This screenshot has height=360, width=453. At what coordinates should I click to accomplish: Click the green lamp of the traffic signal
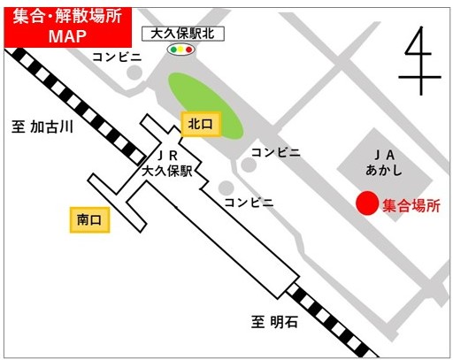click(174, 50)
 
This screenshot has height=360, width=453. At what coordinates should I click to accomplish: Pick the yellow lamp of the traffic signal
click(184, 50)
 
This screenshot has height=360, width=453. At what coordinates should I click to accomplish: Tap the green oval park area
click(204, 105)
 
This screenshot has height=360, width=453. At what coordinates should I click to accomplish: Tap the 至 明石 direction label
click(274, 323)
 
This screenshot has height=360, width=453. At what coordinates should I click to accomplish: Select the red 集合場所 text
click(411, 206)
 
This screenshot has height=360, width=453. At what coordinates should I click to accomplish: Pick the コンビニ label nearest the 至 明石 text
click(249, 202)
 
